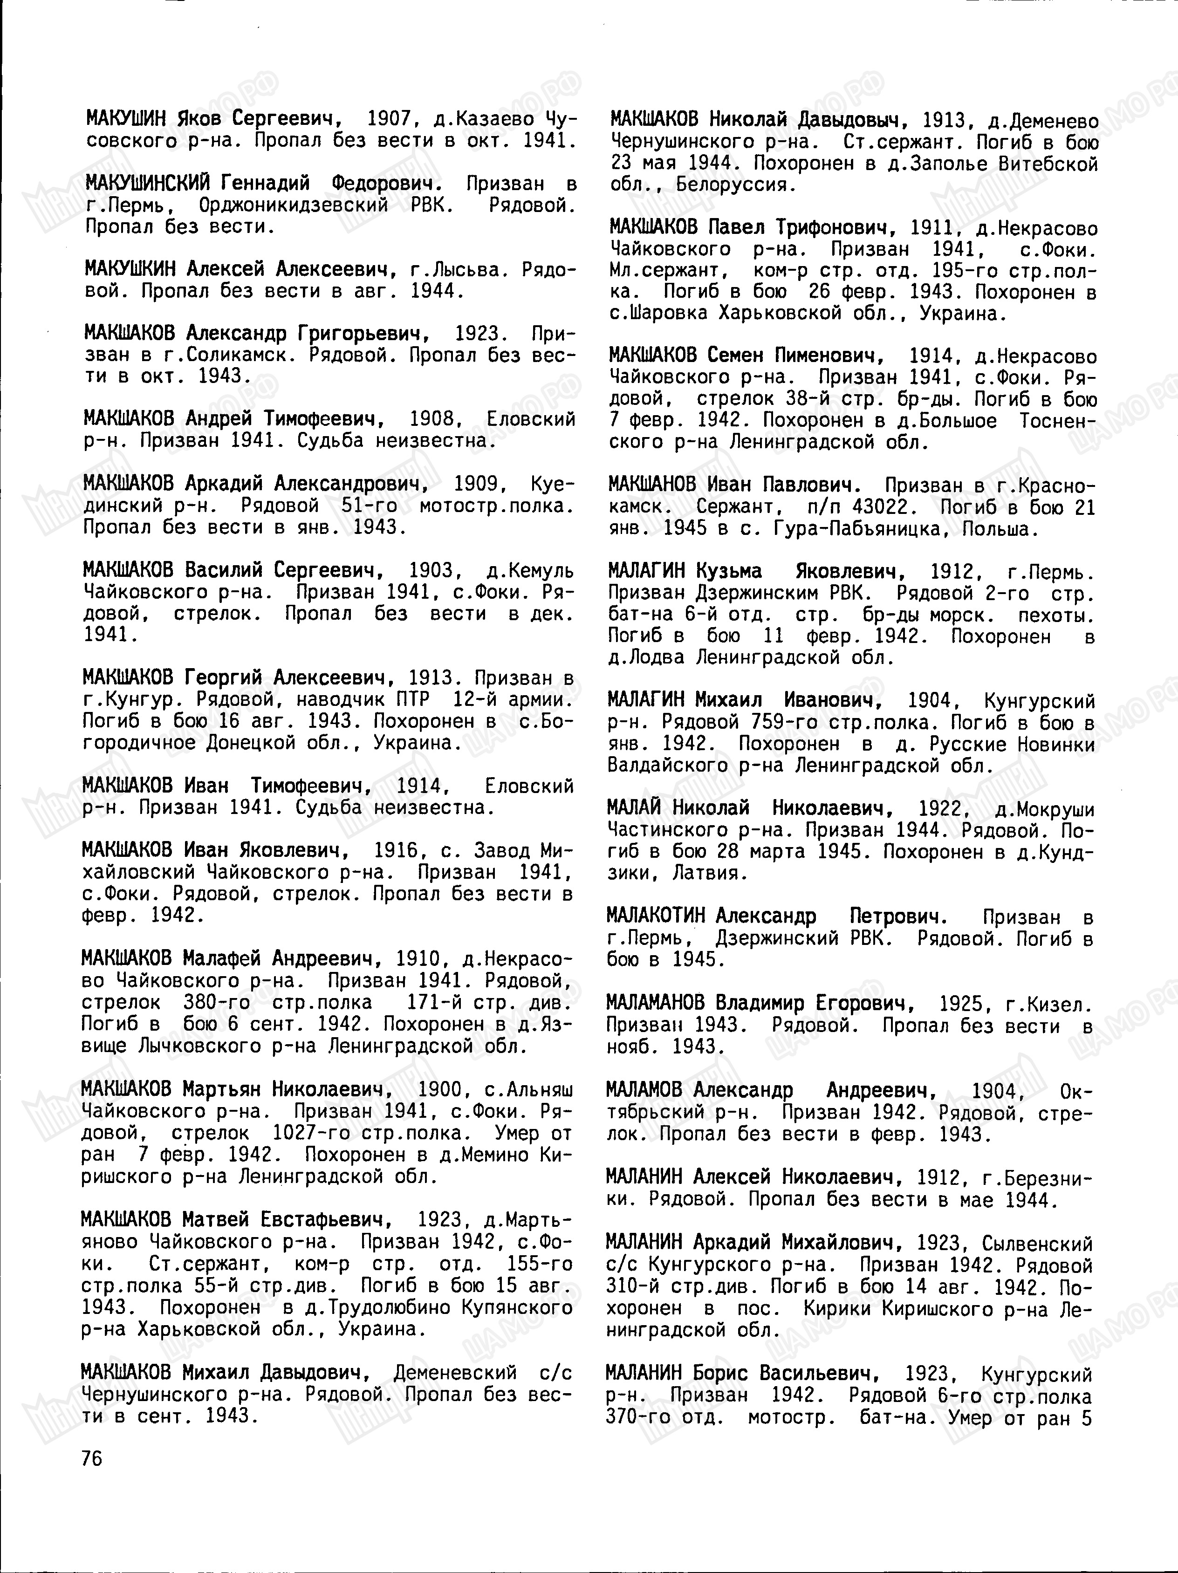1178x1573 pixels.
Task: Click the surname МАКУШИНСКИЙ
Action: pos(147,184)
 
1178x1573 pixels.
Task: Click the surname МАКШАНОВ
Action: pos(652,486)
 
